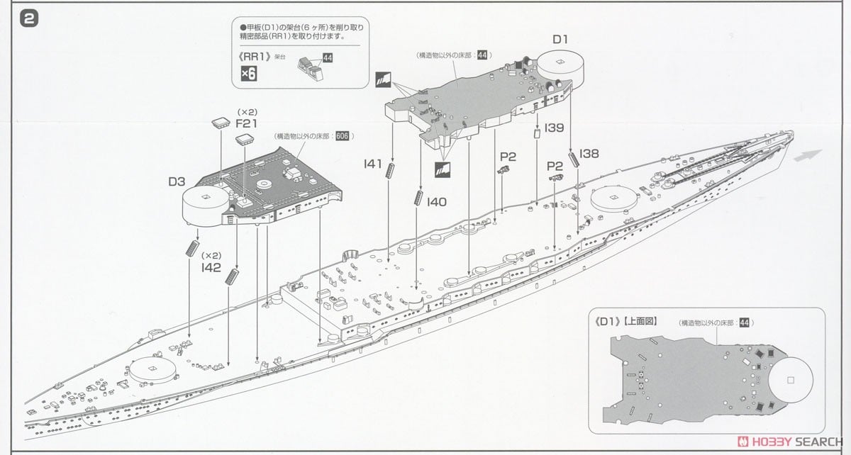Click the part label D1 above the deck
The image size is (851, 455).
[560, 40]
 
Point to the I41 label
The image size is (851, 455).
[372, 164]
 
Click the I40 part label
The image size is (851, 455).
[437, 201]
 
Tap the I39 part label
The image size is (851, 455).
[555, 128]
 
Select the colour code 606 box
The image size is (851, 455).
[342, 136]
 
